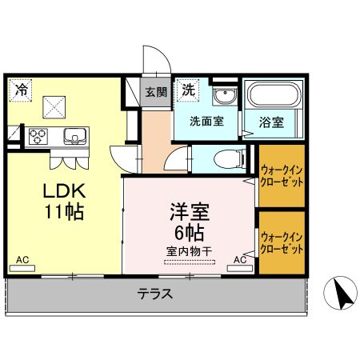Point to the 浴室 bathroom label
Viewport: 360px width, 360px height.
point(270,122)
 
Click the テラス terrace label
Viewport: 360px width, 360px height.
point(156,293)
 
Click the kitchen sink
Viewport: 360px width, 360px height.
point(74,137)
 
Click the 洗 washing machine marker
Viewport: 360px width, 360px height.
point(189,88)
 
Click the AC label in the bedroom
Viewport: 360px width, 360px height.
point(240,259)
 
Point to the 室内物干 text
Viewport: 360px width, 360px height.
point(189,252)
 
